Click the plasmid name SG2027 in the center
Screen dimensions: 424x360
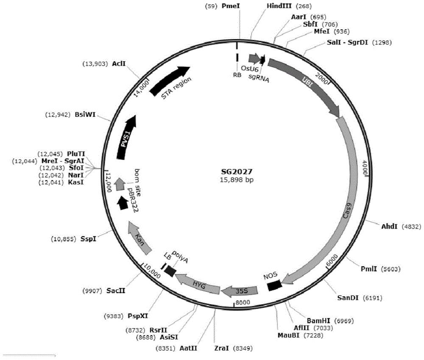pos(237,172)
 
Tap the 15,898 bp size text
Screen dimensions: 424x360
pos(237,180)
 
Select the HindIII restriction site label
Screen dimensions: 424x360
pos(279,6)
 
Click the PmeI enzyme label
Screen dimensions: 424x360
pos(231,6)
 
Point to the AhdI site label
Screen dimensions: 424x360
pos(389,226)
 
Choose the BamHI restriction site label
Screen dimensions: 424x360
pos(318,321)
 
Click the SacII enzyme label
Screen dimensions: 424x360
pos(116,291)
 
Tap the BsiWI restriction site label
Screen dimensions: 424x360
pos(85,114)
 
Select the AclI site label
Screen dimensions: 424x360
pos(119,64)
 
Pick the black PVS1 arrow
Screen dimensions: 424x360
pos(126,137)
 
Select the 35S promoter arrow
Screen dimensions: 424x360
pos(240,290)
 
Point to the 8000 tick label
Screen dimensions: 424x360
pos(243,302)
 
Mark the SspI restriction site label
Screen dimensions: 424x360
pos(88,239)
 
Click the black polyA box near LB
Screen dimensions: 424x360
pos(170,271)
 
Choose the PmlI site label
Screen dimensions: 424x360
pos(369,269)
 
